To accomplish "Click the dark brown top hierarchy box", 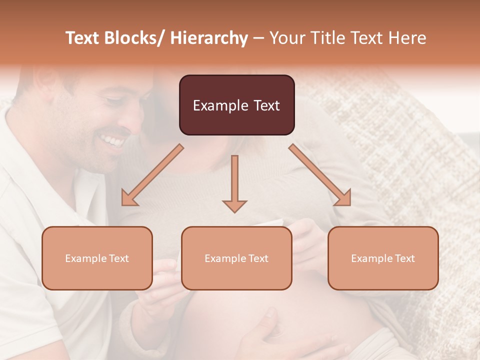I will (x=236, y=105).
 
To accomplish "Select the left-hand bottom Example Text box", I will (x=97, y=258).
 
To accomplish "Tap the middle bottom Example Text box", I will (x=236, y=258).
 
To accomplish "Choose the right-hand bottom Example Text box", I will (x=383, y=258).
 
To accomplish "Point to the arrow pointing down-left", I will (x=152, y=175).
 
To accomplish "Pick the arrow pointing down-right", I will (x=320, y=175).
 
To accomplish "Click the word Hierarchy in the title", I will (x=209, y=38).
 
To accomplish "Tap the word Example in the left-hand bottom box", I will (x=85, y=258).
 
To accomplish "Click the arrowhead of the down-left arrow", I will (x=129, y=198).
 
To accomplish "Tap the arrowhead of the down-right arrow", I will (x=343, y=198).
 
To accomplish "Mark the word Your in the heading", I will (x=286, y=38).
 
